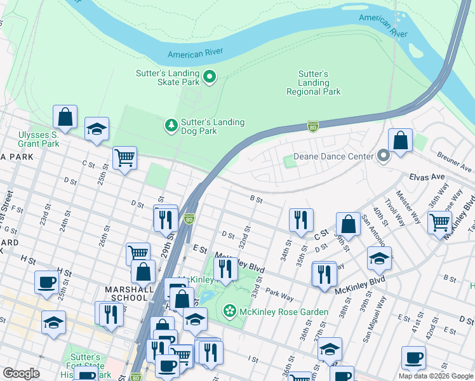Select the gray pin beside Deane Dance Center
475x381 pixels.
click(x=383, y=156)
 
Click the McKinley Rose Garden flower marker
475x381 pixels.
click(x=229, y=311)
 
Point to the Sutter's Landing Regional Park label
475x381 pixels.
click(x=313, y=83)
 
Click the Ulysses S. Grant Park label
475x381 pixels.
click(x=38, y=139)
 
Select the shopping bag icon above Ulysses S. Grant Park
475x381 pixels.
click(x=65, y=117)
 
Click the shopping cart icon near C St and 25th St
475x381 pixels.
click(x=124, y=157)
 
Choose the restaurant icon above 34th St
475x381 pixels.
click(x=300, y=220)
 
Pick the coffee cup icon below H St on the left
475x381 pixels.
click(x=47, y=282)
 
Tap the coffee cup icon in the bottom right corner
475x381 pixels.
click(x=413, y=358)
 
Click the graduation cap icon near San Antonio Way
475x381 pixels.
click(x=379, y=258)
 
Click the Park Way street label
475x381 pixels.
click(x=279, y=295)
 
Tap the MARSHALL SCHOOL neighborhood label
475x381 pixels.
click(x=130, y=293)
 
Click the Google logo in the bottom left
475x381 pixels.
click(x=22, y=373)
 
